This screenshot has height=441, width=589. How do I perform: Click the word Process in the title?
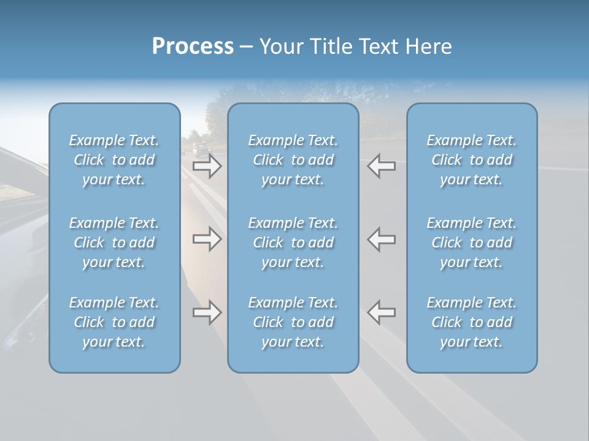coord(193,47)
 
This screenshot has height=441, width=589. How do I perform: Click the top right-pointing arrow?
coord(207,166)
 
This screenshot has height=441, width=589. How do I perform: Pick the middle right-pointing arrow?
coord(207,239)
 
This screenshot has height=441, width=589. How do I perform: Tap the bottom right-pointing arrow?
coord(207,312)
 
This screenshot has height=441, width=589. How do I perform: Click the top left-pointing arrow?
coord(381,166)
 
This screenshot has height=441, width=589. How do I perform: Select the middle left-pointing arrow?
coord(381,239)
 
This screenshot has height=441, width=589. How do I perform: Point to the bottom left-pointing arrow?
coord(381,312)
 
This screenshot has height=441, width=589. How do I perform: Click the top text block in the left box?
coord(114,160)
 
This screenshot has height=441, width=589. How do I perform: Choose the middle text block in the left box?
coord(114,243)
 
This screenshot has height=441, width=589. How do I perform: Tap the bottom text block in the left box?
coord(114,322)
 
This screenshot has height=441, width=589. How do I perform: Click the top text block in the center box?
coord(293,160)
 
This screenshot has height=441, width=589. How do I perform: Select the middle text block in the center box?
coord(293,243)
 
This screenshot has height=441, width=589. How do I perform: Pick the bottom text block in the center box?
coord(293,322)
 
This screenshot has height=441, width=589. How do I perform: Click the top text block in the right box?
coord(472,160)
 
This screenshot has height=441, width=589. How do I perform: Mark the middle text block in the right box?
coord(472,243)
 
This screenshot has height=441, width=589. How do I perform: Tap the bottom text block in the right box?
coord(472,322)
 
